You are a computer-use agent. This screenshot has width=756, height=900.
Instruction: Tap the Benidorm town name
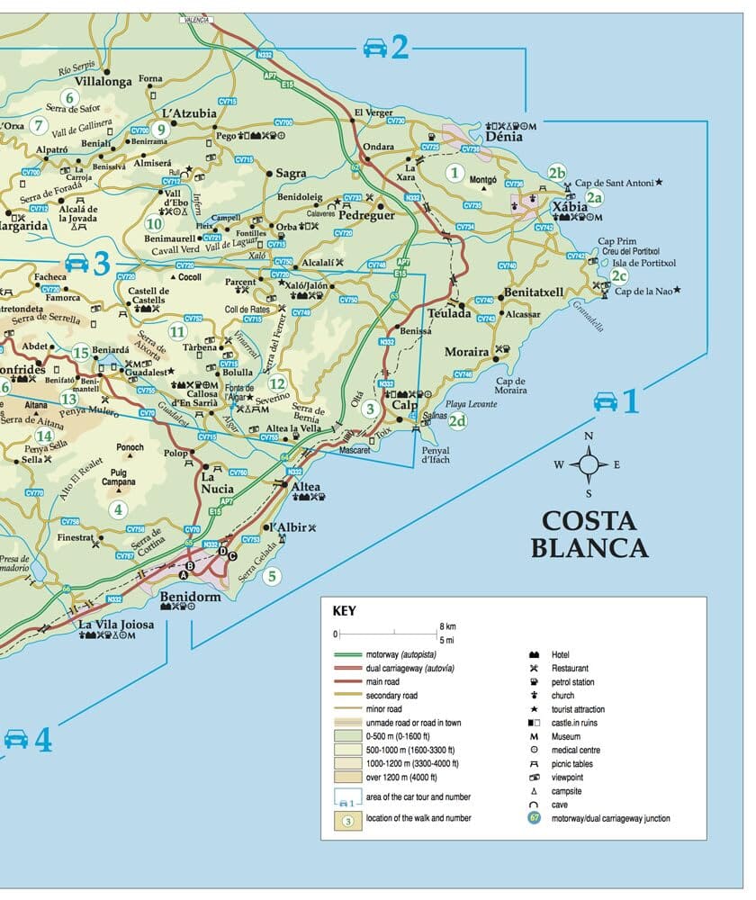(x=190, y=597)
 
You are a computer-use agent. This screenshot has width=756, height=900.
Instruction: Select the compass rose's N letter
(x=589, y=436)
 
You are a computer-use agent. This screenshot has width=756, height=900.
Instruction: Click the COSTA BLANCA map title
(x=589, y=535)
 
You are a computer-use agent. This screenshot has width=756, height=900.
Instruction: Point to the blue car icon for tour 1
(x=606, y=401)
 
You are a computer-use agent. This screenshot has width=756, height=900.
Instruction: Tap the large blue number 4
(x=43, y=740)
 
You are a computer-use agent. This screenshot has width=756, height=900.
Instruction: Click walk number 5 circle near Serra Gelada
(x=271, y=577)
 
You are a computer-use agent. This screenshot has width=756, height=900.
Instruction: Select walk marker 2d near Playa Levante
(x=458, y=420)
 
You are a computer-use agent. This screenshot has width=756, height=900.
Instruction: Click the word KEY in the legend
(x=344, y=610)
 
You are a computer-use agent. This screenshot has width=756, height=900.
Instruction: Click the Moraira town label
(x=466, y=352)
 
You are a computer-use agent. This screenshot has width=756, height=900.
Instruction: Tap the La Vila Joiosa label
(x=116, y=624)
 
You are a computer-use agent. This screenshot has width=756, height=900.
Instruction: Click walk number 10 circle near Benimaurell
(x=154, y=223)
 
